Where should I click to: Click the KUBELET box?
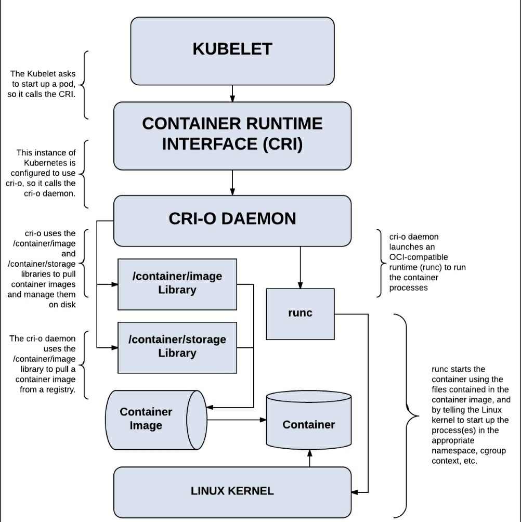coord(232,51)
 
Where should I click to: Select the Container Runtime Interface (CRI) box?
coord(232,136)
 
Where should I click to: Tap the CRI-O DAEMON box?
coord(232,221)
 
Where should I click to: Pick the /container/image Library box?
coord(177,284)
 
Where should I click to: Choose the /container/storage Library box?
coord(177,347)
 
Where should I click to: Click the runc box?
coord(301,314)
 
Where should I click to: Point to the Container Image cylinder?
coord(156,420)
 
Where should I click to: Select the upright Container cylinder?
coord(309,420)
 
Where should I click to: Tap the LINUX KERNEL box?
coord(232,492)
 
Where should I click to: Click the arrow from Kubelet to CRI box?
coord(232,94)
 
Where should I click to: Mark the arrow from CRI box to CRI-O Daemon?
coord(232,182)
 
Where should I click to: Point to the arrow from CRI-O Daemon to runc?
coord(301,267)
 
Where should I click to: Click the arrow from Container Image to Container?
coord(237,420)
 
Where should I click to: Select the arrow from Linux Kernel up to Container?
coord(309,458)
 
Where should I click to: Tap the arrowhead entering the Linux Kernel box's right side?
coord(355,492)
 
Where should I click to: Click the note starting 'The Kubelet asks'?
coord(42,84)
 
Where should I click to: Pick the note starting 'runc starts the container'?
coord(471,415)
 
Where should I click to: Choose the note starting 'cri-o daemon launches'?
coord(427,262)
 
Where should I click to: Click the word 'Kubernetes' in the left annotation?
coord(49,163)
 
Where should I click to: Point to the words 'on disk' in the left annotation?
coord(62,305)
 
